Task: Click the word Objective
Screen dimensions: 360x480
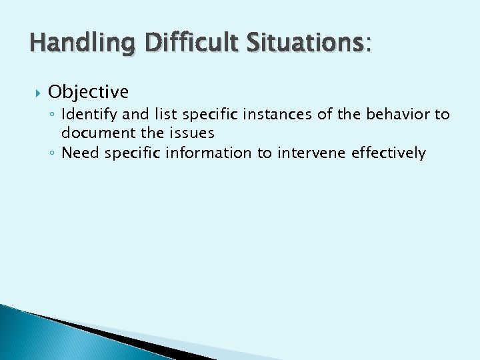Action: (x=88, y=91)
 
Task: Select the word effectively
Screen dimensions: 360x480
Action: (x=389, y=153)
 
